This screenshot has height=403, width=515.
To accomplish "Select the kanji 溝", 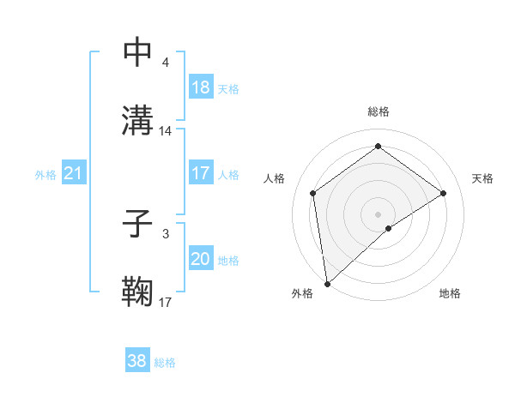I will [x=138, y=120].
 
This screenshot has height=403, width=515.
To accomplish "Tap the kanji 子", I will [x=138, y=224].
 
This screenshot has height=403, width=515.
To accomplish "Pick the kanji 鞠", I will [x=138, y=292].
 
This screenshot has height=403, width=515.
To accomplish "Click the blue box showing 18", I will [x=201, y=87].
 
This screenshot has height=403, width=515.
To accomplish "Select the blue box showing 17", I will [x=201, y=173].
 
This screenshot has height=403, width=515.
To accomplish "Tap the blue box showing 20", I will [x=201, y=259].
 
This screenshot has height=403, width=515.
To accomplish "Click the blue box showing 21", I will [x=74, y=174].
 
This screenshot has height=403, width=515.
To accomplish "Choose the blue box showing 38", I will [x=137, y=361].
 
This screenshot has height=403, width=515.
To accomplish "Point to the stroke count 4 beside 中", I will [x=166, y=62].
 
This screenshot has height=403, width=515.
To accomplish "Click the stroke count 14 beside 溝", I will [x=167, y=131].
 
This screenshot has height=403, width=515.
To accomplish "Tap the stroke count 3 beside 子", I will [x=166, y=233].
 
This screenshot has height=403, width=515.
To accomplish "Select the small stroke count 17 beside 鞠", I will [x=166, y=302].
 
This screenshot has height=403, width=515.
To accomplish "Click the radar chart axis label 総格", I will [x=379, y=111].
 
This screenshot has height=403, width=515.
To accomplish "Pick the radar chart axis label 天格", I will [x=482, y=178].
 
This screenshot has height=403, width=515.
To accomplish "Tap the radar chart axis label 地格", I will [x=450, y=293].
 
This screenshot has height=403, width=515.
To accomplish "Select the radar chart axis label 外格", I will [x=302, y=293].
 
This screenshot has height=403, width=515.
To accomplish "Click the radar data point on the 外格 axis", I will [x=326, y=284].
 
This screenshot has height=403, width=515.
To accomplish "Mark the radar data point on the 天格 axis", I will [x=444, y=193].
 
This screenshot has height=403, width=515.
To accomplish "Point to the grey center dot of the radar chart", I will [x=379, y=214].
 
